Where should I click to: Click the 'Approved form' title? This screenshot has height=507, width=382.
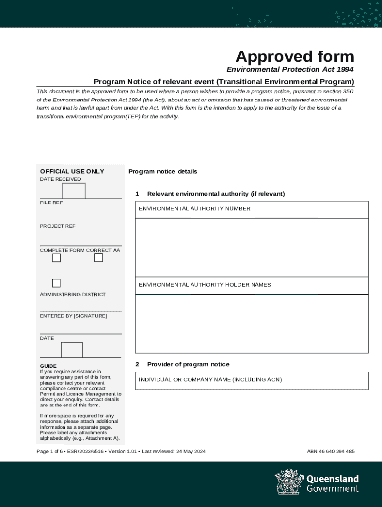pos(295,56)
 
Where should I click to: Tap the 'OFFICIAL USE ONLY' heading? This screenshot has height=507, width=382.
pos(72,171)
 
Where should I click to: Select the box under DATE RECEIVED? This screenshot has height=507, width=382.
pos(74,191)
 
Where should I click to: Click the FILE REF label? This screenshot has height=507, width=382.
pos(51,203)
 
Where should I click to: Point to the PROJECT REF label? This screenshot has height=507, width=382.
pos(58,226)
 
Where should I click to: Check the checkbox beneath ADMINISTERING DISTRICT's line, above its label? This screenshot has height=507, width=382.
pos(56,283)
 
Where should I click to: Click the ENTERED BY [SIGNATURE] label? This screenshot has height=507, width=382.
pos(73,316)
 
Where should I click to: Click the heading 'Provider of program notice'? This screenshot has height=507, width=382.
pos(188,364)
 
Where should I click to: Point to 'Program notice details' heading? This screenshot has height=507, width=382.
pos(163,172)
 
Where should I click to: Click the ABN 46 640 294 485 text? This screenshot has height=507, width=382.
pos(330,451)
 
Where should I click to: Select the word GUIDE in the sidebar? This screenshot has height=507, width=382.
pos(48,366)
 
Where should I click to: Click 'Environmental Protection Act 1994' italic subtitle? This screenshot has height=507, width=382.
pos(290,70)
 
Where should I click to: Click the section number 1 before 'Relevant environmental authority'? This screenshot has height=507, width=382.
pos(137,194)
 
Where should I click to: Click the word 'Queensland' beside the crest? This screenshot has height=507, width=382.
pos(332,479)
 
